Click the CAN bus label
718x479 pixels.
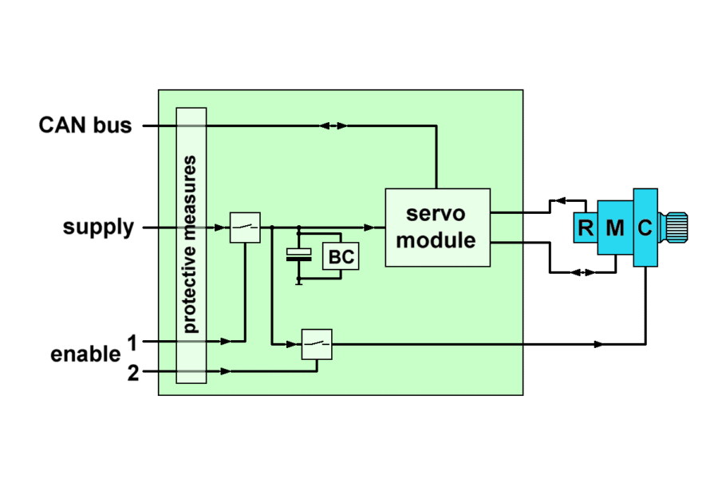tap(85, 125)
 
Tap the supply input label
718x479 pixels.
tap(98, 228)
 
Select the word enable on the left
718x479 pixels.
tap(85, 354)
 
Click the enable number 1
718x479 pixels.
tap(132, 342)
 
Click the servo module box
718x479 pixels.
tap(437, 227)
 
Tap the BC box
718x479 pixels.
tap(340, 257)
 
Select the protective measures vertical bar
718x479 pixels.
tap(191, 245)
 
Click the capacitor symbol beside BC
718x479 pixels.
tap(299, 255)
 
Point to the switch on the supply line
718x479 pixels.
tap(245, 228)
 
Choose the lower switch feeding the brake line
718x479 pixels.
tap(317, 344)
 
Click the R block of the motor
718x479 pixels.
tap(586, 228)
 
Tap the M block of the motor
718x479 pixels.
tap(614, 228)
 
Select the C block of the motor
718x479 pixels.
tap(645, 228)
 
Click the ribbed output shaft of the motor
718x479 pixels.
tap(677, 228)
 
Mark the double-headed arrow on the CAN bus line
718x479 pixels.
tap(333, 125)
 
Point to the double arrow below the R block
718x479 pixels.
tap(584, 272)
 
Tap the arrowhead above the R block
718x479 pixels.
tap(560, 201)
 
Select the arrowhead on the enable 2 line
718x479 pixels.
tap(227, 371)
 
